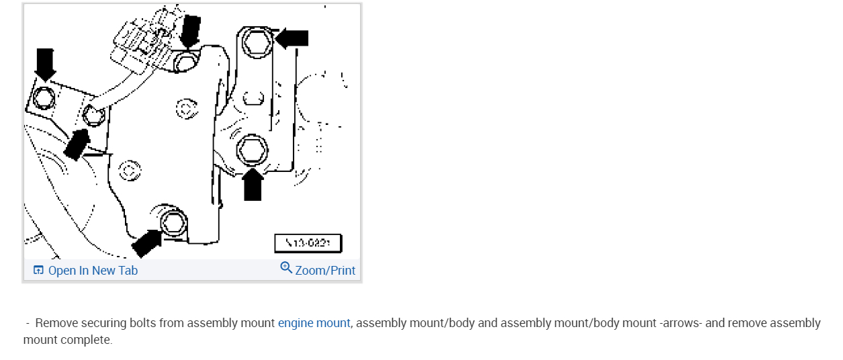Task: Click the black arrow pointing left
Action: click(x=292, y=38)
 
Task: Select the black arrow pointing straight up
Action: click(x=253, y=185)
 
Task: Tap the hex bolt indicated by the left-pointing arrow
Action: click(x=256, y=44)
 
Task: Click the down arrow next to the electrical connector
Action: click(x=190, y=30)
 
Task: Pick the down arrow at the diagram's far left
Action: click(x=45, y=64)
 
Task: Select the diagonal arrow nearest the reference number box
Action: click(x=146, y=244)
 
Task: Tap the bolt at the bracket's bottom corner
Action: click(x=173, y=221)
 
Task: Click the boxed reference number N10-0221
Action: click(x=308, y=243)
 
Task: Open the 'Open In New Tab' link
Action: click(x=93, y=271)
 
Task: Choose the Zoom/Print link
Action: click(x=325, y=271)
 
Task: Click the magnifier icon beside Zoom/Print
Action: click(x=286, y=269)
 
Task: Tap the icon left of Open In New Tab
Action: click(x=38, y=271)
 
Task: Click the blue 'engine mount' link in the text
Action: click(x=314, y=323)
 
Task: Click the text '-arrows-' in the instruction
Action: click(x=680, y=323)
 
